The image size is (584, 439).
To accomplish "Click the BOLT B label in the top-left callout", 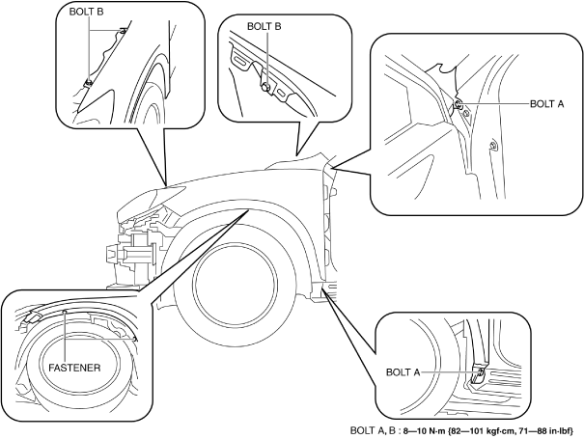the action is click(x=87, y=12).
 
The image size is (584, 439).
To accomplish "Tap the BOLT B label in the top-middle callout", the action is click(x=264, y=26).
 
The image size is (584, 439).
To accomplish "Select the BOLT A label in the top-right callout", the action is click(x=546, y=104).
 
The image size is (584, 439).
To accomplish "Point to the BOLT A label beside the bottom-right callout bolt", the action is click(x=403, y=372).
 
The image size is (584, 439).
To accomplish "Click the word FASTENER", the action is click(x=74, y=368).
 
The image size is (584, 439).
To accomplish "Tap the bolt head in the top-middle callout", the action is click(x=264, y=88).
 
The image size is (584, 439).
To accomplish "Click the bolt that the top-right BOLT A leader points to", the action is click(x=459, y=104).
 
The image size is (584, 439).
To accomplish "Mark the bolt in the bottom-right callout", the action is click(x=480, y=372).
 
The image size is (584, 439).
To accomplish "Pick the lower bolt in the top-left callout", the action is click(x=89, y=83).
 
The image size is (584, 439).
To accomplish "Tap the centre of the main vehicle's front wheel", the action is click(x=236, y=279).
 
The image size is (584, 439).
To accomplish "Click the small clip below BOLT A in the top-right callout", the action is click(x=492, y=145).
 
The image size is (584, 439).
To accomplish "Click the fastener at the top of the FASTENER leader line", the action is click(x=65, y=311).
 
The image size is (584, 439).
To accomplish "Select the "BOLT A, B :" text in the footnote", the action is click(x=375, y=431).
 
